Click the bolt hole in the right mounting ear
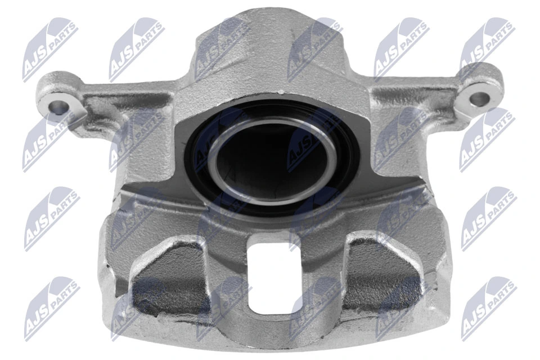tap(479, 99)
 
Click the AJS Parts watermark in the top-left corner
tap(50, 48)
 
